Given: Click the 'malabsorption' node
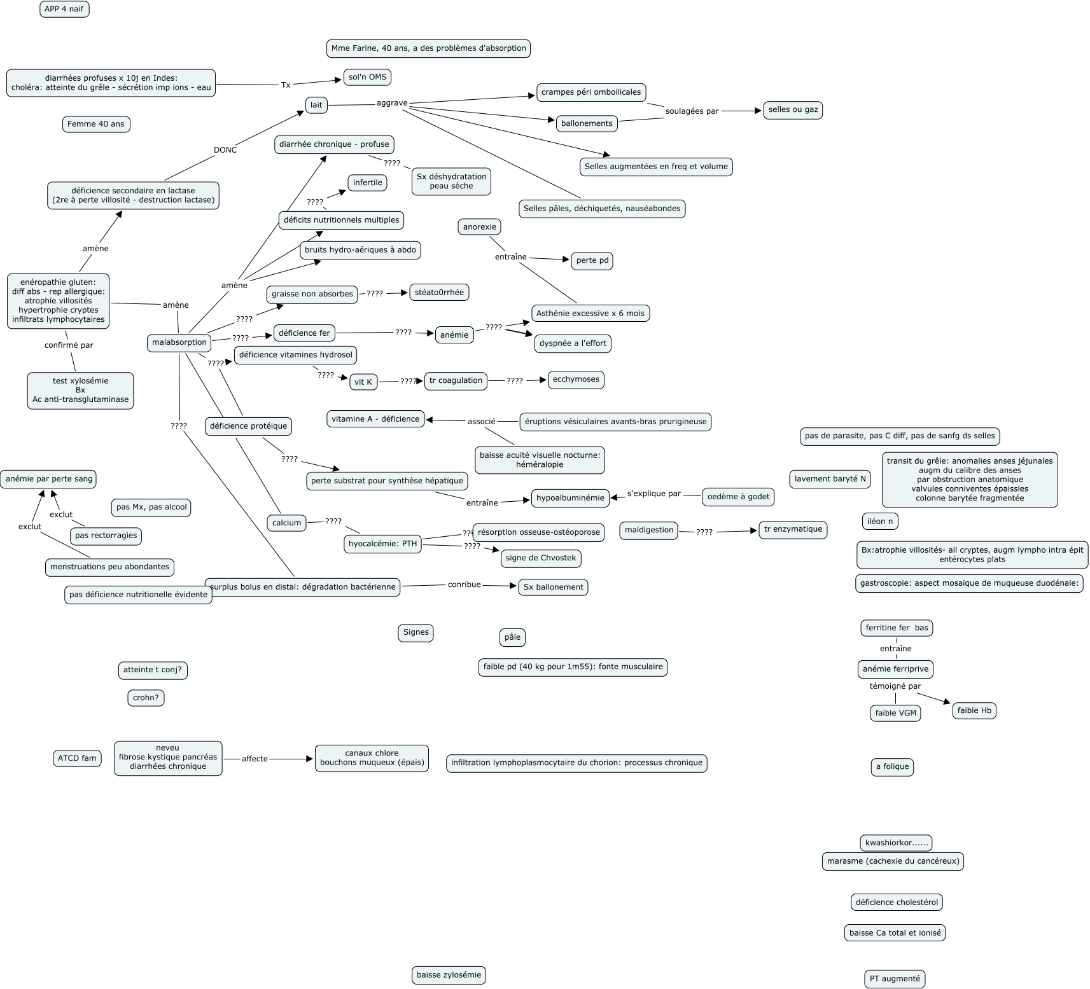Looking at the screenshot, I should (x=179, y=342).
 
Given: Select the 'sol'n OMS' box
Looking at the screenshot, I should (x=367, y=77).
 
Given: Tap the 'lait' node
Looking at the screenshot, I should (x=316, y=106).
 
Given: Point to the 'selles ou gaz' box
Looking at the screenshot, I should (x=793, y=110).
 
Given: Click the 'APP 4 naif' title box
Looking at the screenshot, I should (x=64, y=10).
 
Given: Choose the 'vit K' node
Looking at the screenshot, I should (x=363, y=382).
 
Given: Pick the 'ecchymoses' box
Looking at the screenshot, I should (x=576, y=380).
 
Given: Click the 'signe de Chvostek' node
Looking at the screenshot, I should (x=540, y=558).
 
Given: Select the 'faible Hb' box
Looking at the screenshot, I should (x=974, y=711).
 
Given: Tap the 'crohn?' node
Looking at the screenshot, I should (x=146, y=698).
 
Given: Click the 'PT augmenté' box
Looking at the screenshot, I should (x=895, y=979).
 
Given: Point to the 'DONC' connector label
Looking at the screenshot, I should (x=225, y=150).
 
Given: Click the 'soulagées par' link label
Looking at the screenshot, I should (x=692, y=111).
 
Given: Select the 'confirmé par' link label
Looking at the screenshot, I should (x=69, y=345).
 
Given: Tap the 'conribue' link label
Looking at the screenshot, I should (x=464, y=584).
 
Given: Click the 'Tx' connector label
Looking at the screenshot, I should (x=286, y=85).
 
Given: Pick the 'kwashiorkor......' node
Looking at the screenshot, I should (x=897, y=843).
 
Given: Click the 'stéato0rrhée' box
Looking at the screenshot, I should (x=439, y=293).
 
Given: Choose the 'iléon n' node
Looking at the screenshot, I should (x=880, y=522).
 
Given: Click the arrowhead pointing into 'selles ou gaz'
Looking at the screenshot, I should (x=758, y=111).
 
